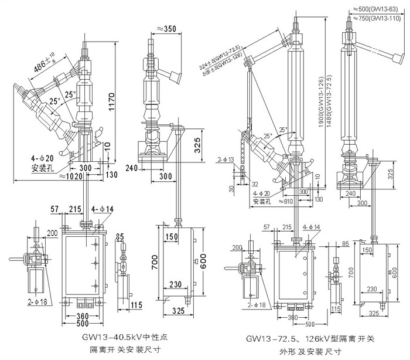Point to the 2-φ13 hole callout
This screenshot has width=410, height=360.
[226, 159]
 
